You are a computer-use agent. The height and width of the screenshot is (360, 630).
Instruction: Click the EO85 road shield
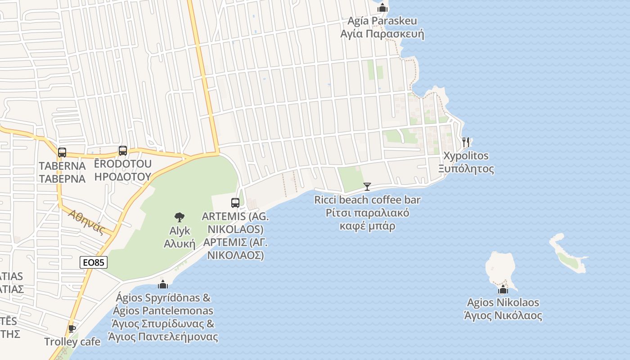[x=94, y=262]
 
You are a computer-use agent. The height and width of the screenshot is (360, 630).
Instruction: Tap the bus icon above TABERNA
[x=62, y=153]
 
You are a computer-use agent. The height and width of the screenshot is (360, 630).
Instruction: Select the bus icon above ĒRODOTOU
[x=123, y=151]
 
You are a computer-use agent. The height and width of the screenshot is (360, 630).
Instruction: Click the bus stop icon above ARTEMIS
[x=235, y=202]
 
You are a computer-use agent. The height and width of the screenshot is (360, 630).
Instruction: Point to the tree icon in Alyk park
[x=180, y=217]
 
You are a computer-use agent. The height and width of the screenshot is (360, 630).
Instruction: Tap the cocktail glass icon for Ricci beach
[x=367, y=187]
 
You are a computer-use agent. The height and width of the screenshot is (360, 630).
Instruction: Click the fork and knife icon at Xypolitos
[x=466, y=142]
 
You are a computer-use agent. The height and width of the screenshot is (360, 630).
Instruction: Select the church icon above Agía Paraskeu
[x=382, y=8]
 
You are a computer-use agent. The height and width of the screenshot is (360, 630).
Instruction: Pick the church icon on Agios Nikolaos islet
[x=503, y=289]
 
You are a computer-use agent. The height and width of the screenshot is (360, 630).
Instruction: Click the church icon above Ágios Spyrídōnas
[x=163, y=284]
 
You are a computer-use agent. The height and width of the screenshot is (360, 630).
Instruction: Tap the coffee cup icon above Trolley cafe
[x=72, y=328]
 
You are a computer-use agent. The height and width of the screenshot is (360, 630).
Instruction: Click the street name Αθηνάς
[x=87, y=222]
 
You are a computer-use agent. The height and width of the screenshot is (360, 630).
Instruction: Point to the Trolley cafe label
[x=72, y=342]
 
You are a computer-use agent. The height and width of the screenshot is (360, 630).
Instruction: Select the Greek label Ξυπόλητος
[x=466, y=169]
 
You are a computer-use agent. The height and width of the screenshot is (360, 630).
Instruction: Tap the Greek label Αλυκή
[x=179, y=244]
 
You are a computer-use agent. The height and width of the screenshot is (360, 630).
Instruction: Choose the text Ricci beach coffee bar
[x=367, y=200]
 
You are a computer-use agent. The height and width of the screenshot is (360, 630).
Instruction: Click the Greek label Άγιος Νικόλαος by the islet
[x=503, y=315]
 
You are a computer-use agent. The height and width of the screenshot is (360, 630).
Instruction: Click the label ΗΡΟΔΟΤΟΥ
[x=122, y=176]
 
